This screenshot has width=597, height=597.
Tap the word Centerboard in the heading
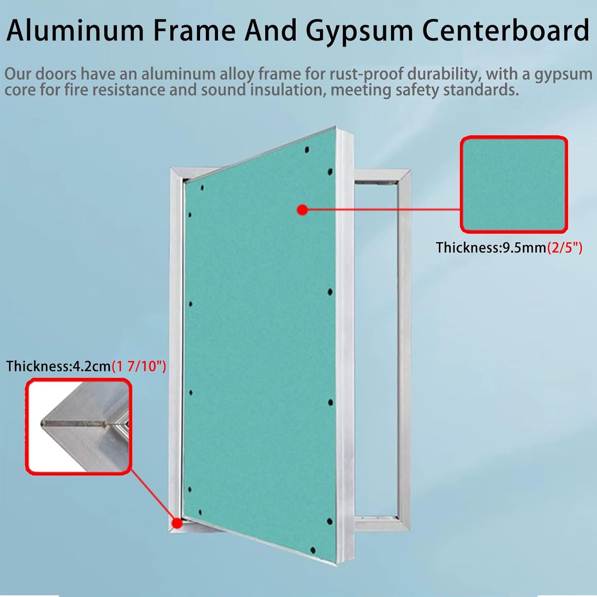(x=505, y=30)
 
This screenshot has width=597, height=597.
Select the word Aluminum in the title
(x=75, y=31)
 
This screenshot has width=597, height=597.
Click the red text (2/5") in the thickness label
(x=564, y=248)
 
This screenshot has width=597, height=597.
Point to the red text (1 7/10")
(x=139, y=366)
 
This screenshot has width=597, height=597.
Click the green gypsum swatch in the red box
(x=514, y=184)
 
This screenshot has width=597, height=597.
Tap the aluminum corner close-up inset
(x=79, y=427)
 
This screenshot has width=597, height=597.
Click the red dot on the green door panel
(x=303, y=210)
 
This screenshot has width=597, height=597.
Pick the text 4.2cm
(x=91, y=366)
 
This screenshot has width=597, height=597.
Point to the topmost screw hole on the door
(x=307, y=150)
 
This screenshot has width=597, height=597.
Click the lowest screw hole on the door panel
(x=313, y=550)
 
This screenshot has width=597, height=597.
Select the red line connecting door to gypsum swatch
(x=382, y=210)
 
